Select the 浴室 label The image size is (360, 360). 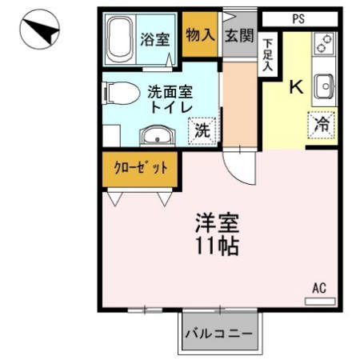(155, 38)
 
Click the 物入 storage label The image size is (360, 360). (199, 34)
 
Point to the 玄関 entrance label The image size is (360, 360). (239, 34)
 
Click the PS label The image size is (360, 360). (298, 18)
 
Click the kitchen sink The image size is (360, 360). (324, 84)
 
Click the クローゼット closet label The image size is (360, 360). (140, 168)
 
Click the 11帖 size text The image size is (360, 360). (216, 246)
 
